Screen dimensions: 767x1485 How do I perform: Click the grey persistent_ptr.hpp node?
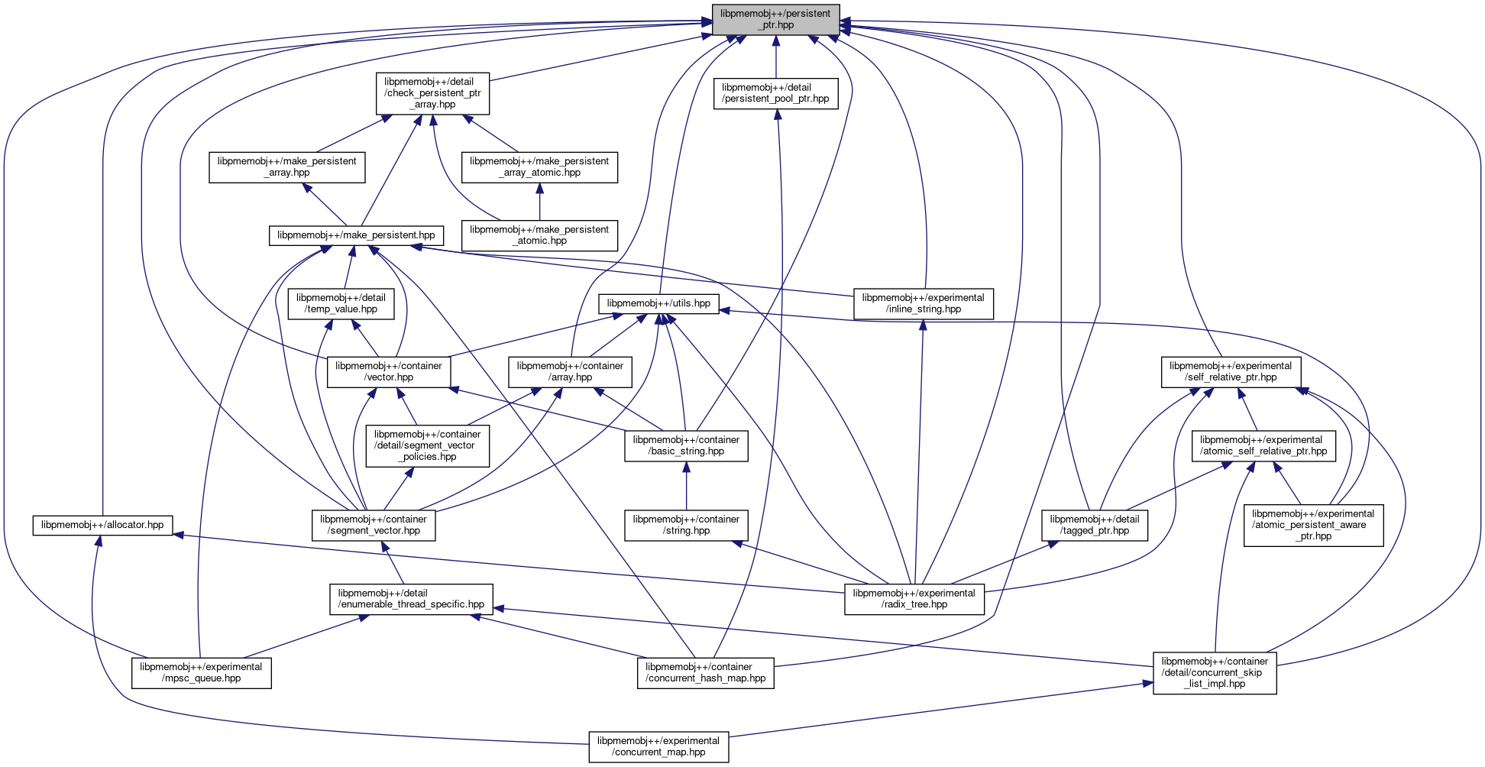775,19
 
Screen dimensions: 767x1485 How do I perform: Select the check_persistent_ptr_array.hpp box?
432,93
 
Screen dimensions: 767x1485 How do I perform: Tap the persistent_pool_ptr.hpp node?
775,93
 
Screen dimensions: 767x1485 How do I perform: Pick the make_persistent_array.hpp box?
287,167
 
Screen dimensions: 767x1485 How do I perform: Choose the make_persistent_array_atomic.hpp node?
539,167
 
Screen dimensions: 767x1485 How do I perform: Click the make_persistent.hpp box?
356,235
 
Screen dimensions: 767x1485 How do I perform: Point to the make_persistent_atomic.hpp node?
539,235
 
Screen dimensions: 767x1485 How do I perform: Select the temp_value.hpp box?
341,303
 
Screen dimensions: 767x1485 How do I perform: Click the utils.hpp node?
658,303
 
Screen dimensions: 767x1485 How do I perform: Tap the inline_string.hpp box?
924,303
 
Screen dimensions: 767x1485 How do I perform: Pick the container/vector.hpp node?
389,371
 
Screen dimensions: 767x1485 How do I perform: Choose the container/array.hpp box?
570,371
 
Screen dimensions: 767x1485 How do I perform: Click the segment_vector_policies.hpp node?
427,445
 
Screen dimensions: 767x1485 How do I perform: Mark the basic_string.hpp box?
686,445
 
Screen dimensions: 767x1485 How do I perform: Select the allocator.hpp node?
102,526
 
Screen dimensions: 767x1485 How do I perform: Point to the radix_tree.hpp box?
914,599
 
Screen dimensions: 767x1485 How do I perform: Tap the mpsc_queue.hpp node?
201,672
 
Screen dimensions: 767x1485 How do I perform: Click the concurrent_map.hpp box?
658,746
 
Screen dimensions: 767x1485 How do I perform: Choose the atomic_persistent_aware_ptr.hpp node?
1313,525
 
